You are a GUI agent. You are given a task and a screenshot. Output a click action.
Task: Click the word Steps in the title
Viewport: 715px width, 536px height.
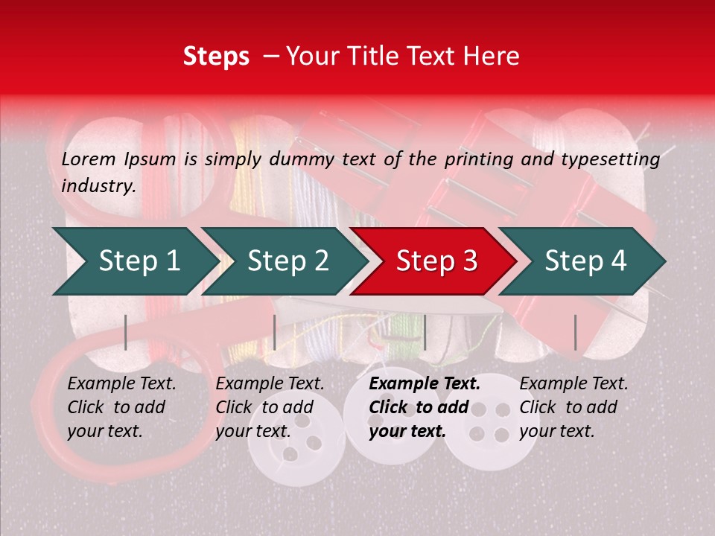pyautogui.click(x=216, y=57)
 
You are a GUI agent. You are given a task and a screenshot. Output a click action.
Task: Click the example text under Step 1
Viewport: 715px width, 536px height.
pyautogui.click(x=121, y=407)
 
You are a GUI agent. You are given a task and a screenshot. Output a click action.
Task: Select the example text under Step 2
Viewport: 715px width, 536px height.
pyautogui.click(x=270, y=407)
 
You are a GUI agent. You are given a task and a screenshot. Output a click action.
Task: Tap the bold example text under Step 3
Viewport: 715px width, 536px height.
pyautogui.click(x=425, y=407)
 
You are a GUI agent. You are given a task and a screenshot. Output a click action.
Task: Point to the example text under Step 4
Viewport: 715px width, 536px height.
pyautogui.click(x=573, y=407)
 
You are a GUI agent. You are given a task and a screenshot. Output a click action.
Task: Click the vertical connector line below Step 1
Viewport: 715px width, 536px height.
pyautogui.click(x=126, y=332)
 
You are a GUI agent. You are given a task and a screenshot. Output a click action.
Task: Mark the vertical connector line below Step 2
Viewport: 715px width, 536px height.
pyautogui.click(x=275, y=332)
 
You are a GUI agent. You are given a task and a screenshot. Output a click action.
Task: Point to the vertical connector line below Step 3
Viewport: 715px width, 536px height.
pyautogui.click(x=425, y=332)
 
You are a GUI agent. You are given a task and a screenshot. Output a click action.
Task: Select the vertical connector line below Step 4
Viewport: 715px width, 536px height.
pyautogui.click(x=575, y=332)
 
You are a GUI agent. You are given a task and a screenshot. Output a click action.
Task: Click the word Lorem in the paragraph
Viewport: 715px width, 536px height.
pyautogui.click(x=89, y=159)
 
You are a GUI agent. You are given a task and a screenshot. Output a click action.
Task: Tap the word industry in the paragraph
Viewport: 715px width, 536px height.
pyautogui.click(x=98, y=185)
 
